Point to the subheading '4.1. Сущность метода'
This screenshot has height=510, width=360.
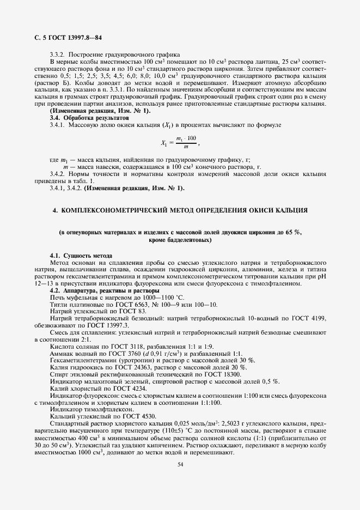tap(81, 256)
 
